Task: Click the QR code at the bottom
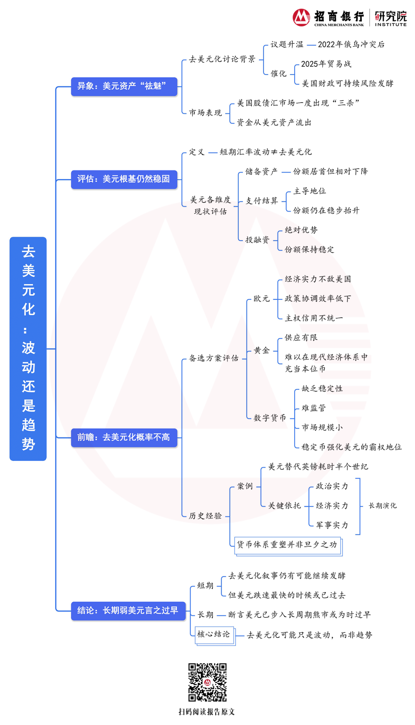pyautogui.click(x=207, y=682)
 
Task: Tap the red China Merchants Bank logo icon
pyautogui.click(x=301, y=17)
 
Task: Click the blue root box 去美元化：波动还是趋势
pyautogui.click(x=28, y=348)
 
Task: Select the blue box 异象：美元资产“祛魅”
pyautogui.click(x=124, y=86)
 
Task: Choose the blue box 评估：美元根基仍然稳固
pyautogui.click(x=124, y=179)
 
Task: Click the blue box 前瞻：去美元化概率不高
pyautogui.click(x=124, y=437)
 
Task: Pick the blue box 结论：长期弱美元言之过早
pyautogui.click(x=128, y=611)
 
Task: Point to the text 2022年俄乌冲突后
pyautogui.click(x=351, y=45)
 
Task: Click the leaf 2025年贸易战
pyautogui.click(x=326, y=64)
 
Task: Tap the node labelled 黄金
pyautogui.click(x=262, y=350)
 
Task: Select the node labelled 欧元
pyautogui.click(x=262, y=299)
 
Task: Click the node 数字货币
pyautogui.click(x=270, y=418)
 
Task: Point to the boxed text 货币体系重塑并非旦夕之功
pyautogui.click(x=287, y=545)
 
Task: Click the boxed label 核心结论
pyautogui.click(x=214, y=634)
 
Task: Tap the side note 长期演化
pyautogui.click(x=382, y=506)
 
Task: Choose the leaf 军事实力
pyautogui.click(x=332, y=525)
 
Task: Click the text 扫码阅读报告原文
pyautogui.click(x=207, y=712)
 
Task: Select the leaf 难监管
pyautogui.click(x=314, y=408)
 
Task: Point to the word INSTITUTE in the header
pyautogui.click(x=391, y=25)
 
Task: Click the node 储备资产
pyautogui.click(x=261, y=172)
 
